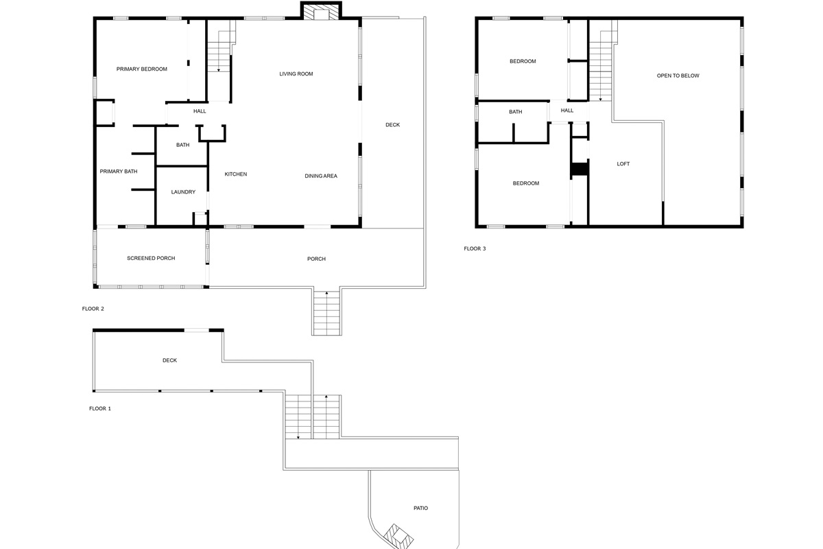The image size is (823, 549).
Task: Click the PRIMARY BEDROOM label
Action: (x=141, y=69)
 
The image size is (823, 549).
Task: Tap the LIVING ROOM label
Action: (x=296, y=74)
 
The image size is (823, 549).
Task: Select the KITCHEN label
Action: (x=235, y=174)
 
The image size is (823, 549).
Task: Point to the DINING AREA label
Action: (x=321, y=176)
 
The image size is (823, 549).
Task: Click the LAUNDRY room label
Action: (x=183, y=192)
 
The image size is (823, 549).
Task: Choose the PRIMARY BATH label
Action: (x=119, y=172)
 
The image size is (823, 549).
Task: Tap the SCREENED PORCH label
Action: (x=151, y=259)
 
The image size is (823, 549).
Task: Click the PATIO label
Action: (x=420, y=509)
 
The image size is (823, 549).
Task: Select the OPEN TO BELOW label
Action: (x=678, y=76)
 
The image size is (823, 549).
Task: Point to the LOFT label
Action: (x=623, y=164)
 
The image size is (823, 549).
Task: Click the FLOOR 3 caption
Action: (x=475, y=248)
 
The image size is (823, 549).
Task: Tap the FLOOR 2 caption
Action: (x=93, y=309)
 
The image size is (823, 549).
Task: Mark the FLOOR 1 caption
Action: (x=99, y=408)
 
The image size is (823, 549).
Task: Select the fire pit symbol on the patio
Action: (x=396, y=535)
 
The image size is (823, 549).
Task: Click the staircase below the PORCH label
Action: (x=326, y=312)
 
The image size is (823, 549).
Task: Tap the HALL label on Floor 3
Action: (x=567, y=110)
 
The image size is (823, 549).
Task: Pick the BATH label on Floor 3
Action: (x=515, y=112)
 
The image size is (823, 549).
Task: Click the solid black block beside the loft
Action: (x=580, y=169)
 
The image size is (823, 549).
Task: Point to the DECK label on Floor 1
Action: (x=169, y=360)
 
